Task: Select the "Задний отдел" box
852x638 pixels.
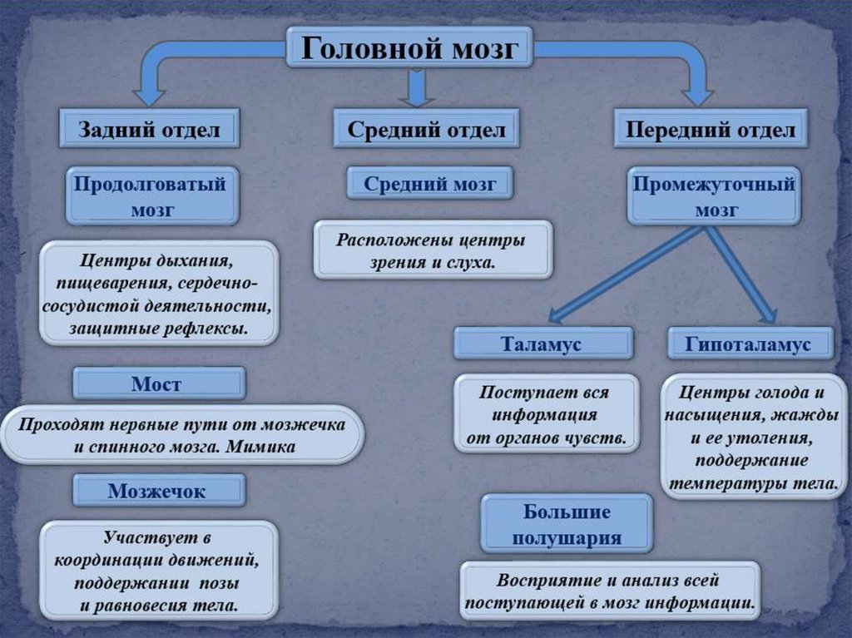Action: tap(150, 129)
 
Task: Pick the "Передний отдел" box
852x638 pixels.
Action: tap(710, 130)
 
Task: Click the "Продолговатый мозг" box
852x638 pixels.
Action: tap(151, 196)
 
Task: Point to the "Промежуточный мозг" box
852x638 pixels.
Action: tap(714, 196)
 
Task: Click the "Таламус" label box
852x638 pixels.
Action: tap(542, 344)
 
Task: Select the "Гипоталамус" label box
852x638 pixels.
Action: tap(749, 344)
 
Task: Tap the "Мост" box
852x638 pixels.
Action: tap(158, 383)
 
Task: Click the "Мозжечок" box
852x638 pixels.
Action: tap(158, 491)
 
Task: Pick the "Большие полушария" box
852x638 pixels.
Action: tap(567, 524)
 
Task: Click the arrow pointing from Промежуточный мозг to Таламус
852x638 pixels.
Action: tap(624, 274)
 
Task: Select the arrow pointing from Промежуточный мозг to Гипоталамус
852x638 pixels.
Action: tap(740, 274)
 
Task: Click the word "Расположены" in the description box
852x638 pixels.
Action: tap(384, 240)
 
